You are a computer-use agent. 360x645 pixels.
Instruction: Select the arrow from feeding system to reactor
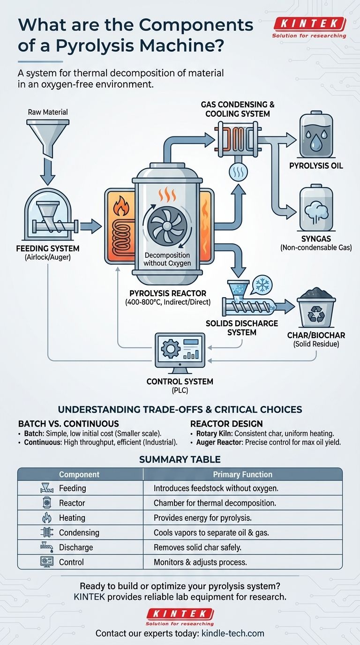[90, 227]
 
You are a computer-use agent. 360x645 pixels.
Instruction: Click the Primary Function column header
[242, 474]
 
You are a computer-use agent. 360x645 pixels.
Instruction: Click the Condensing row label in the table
[79, 532]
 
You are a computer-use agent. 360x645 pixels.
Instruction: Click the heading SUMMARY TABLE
[180, 459]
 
